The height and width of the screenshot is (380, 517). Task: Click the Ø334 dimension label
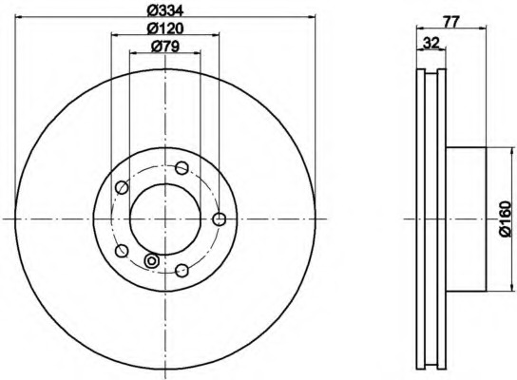(164, 10)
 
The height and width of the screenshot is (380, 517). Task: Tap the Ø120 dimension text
(164, 28)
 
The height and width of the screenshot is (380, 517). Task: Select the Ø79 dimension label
(164, 47)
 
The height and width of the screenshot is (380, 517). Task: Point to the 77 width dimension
(451, 23)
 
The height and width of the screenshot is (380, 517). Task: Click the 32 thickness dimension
(431, 43)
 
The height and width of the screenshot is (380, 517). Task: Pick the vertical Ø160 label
(505, 219)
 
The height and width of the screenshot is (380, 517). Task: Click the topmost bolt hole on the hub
(182, 168)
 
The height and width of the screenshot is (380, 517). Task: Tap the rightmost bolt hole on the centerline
(220, 219)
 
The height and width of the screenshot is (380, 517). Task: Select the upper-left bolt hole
(122, 187)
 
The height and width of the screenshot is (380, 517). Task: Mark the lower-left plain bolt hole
(122, 251)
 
